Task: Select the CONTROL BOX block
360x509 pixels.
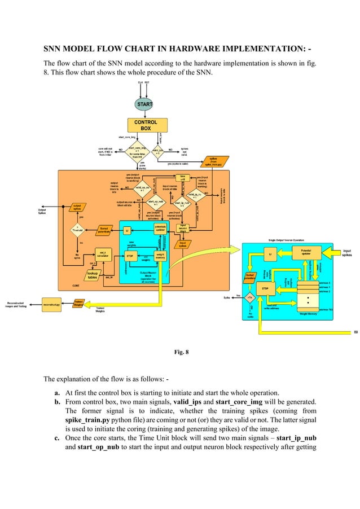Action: [146, 125]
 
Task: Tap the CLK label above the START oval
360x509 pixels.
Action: [140, 82]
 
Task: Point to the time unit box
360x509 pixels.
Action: [183, 178]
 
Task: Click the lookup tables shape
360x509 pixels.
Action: [92, 275]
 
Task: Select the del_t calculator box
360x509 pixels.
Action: [102, 254]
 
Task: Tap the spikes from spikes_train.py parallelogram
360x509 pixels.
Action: [214, 161]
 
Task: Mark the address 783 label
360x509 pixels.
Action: [326, 309]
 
